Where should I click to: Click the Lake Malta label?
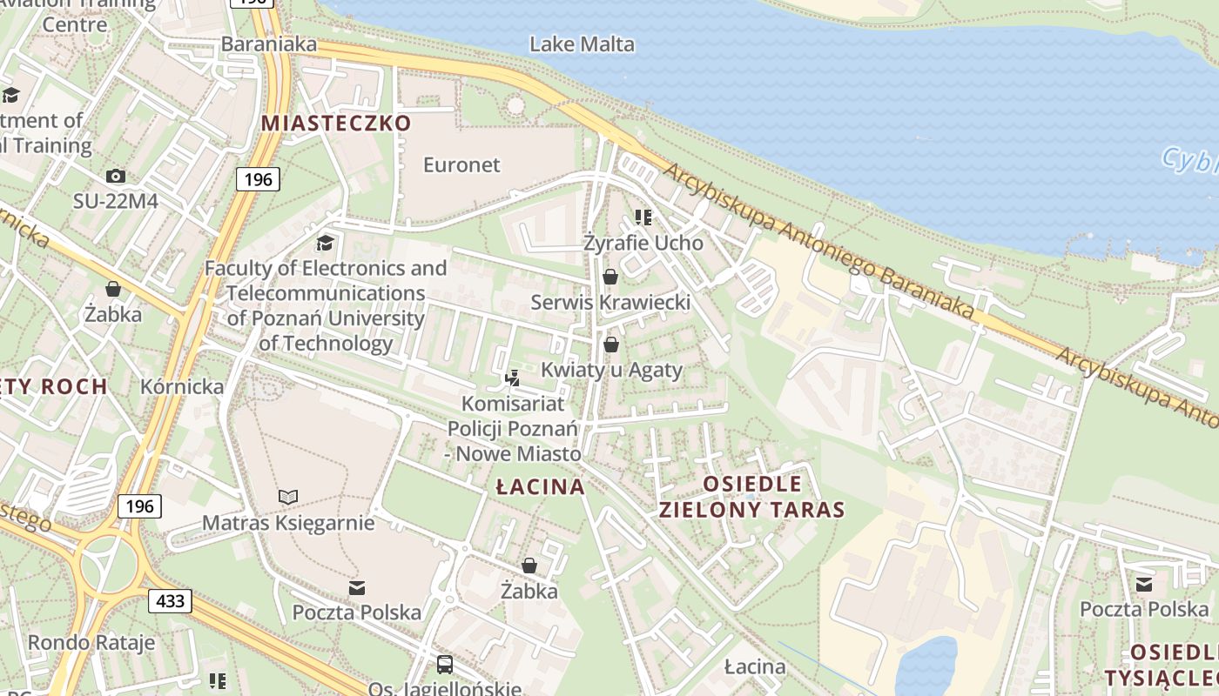(x=582, y=43)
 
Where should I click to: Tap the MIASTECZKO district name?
(x=336, y=123)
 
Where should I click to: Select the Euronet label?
(x=461, y=164)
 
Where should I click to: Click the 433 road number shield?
(x=170, y=600)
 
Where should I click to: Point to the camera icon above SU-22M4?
(x=115, y=176)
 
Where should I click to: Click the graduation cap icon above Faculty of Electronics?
(x=325, y=243)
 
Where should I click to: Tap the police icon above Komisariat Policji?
(x=513, y=378)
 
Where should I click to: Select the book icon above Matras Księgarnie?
(x=288, y=497)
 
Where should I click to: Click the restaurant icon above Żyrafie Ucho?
(x=643, y=217)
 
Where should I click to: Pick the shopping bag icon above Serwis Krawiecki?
(x=610, y=277)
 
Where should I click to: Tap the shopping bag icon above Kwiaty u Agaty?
(x=610, y=345)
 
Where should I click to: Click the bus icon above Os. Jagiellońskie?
(x=444, y=665)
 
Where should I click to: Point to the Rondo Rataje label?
(x=91, y=643)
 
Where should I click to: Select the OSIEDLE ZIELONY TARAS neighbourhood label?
(x=751, y=497)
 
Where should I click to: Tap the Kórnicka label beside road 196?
(x=182, y=386)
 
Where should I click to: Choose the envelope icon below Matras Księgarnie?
(x=356, y=587)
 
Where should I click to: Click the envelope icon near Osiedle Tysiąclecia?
(x=1143, y=584)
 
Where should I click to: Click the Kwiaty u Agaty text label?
(x=611, y=370)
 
